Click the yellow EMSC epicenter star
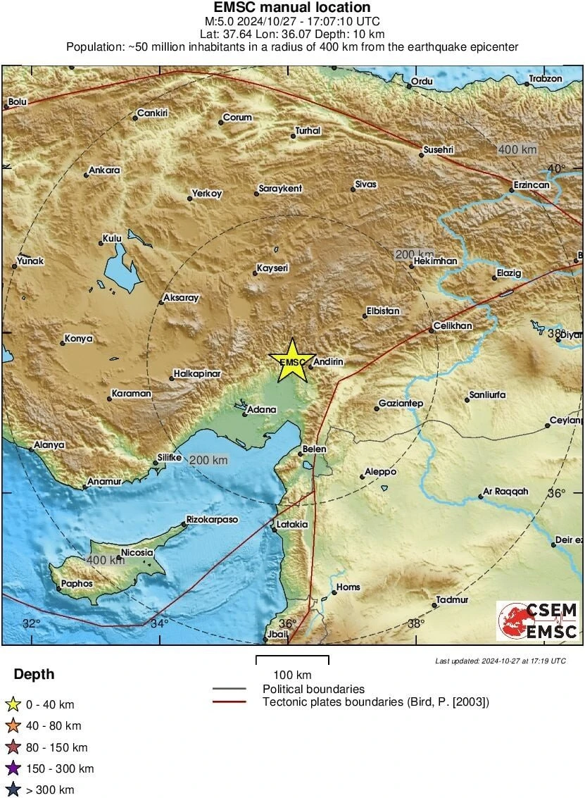292,361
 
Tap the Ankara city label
104,170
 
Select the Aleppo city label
380,472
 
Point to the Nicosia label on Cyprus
137,553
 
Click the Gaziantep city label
401,404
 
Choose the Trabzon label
546,79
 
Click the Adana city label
261,409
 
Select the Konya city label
78,339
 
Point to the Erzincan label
531,185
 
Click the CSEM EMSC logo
538,621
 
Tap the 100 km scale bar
292,660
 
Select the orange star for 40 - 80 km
13,725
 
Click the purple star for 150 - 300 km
13,768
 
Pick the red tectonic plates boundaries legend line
229,702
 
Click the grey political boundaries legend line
229,689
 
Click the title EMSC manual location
292,8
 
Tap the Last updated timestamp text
500,661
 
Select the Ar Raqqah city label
505,492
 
